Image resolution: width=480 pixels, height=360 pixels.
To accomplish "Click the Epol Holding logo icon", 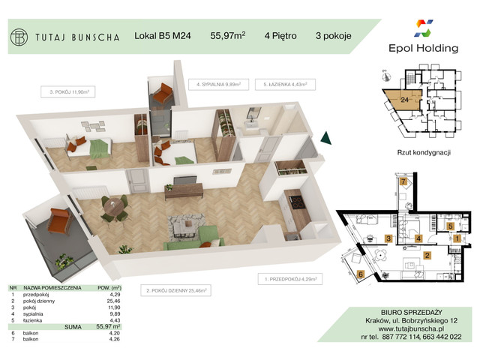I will coord(422,30).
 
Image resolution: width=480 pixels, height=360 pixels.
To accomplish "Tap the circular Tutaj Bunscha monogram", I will coord(20,35).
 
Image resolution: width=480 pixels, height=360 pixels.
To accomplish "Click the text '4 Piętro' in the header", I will coord(280,34).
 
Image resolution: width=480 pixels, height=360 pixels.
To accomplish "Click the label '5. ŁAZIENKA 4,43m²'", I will coord(282,85).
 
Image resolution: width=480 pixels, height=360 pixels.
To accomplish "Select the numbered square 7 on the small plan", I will coord(403,182).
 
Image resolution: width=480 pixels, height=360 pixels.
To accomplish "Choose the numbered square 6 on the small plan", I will coord(360,274).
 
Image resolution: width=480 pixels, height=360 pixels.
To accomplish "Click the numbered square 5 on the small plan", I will coord(450,225).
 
